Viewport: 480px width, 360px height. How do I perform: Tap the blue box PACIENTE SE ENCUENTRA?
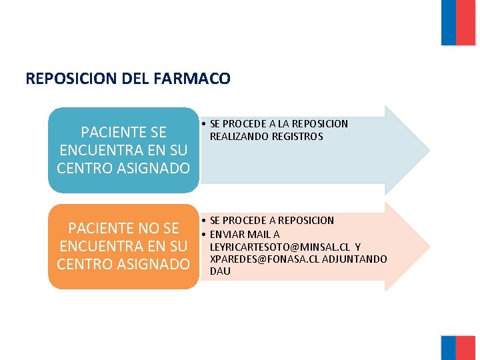pos(123,150)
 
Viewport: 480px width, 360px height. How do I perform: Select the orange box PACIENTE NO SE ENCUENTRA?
pos(123,247)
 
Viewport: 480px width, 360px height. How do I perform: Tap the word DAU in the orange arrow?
pos(220,271)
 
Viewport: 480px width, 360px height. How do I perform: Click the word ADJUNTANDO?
pos(355,259)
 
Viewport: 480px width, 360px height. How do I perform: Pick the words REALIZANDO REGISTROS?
pos(266,136)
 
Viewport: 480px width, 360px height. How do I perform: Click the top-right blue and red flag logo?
pos(457,22)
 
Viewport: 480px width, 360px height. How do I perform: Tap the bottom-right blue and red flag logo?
pos(457,347)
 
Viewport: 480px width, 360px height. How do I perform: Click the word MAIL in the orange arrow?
pos(258,234)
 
